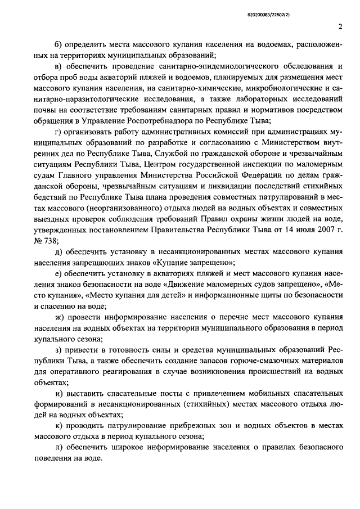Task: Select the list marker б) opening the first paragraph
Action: [x=61, y=44]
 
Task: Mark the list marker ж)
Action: [x=61, y=318]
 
